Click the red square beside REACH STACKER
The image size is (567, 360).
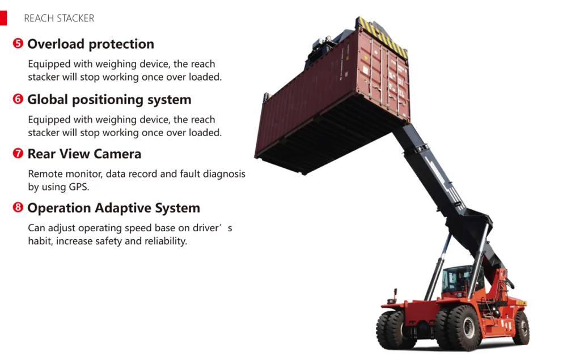3,18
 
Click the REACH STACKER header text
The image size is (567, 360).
59,18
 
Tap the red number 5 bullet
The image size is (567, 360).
18,44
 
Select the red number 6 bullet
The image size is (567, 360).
18,99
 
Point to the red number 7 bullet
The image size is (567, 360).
18,154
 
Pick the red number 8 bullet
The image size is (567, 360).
18,208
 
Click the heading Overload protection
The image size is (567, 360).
91,44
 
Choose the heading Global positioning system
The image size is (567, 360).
109,100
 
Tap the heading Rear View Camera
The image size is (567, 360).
84,154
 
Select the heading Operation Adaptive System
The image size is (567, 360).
114,209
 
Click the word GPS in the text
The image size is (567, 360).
78,187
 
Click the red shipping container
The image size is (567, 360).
318,102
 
